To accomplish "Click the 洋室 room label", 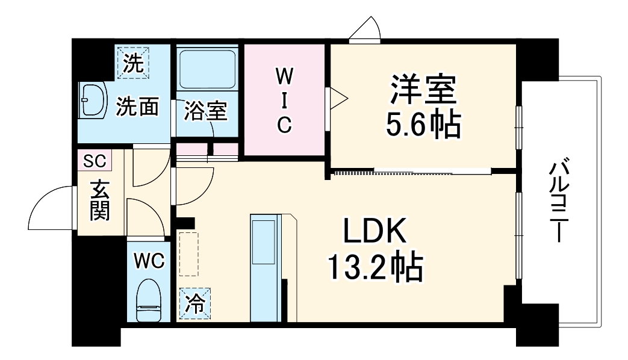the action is [x=423, y=89].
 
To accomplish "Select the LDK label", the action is [x=375, y=231].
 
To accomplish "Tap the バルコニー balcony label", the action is [x=558, y=202].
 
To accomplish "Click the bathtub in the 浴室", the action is [x=207, y=69].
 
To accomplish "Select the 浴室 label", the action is [x=206, y=111].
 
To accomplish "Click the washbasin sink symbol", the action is [x=93, y=100].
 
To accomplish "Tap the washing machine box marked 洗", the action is [x=133, y=63].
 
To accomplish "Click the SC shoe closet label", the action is [x=95, y=161].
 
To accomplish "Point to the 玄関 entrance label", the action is [x=99, y=200].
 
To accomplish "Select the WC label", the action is [x=149, y=261].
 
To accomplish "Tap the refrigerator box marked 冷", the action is [x=194, y=303].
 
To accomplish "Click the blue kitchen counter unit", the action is [x=266, y=268].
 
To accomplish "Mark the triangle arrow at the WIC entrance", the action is [x=339, y=98].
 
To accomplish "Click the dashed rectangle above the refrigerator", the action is [x=188, y=254].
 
